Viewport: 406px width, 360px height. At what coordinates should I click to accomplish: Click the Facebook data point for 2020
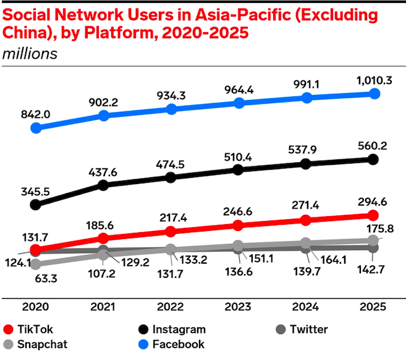[x=36, y=128]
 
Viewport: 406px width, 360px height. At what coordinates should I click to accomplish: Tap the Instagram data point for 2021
[x=104, y=185]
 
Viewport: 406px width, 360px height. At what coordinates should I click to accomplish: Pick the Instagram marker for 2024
[x=305, y=164]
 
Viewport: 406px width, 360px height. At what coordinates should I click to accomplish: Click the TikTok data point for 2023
[x=238, y=225]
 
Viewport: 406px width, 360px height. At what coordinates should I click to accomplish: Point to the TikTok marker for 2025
[x=373, y=215]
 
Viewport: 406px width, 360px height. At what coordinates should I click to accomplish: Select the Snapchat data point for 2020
[x=36, y=264]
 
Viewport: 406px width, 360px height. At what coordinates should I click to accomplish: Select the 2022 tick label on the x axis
[x=171, y=308]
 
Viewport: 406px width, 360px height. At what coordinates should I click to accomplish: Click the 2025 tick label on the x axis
[x=373, y=308]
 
